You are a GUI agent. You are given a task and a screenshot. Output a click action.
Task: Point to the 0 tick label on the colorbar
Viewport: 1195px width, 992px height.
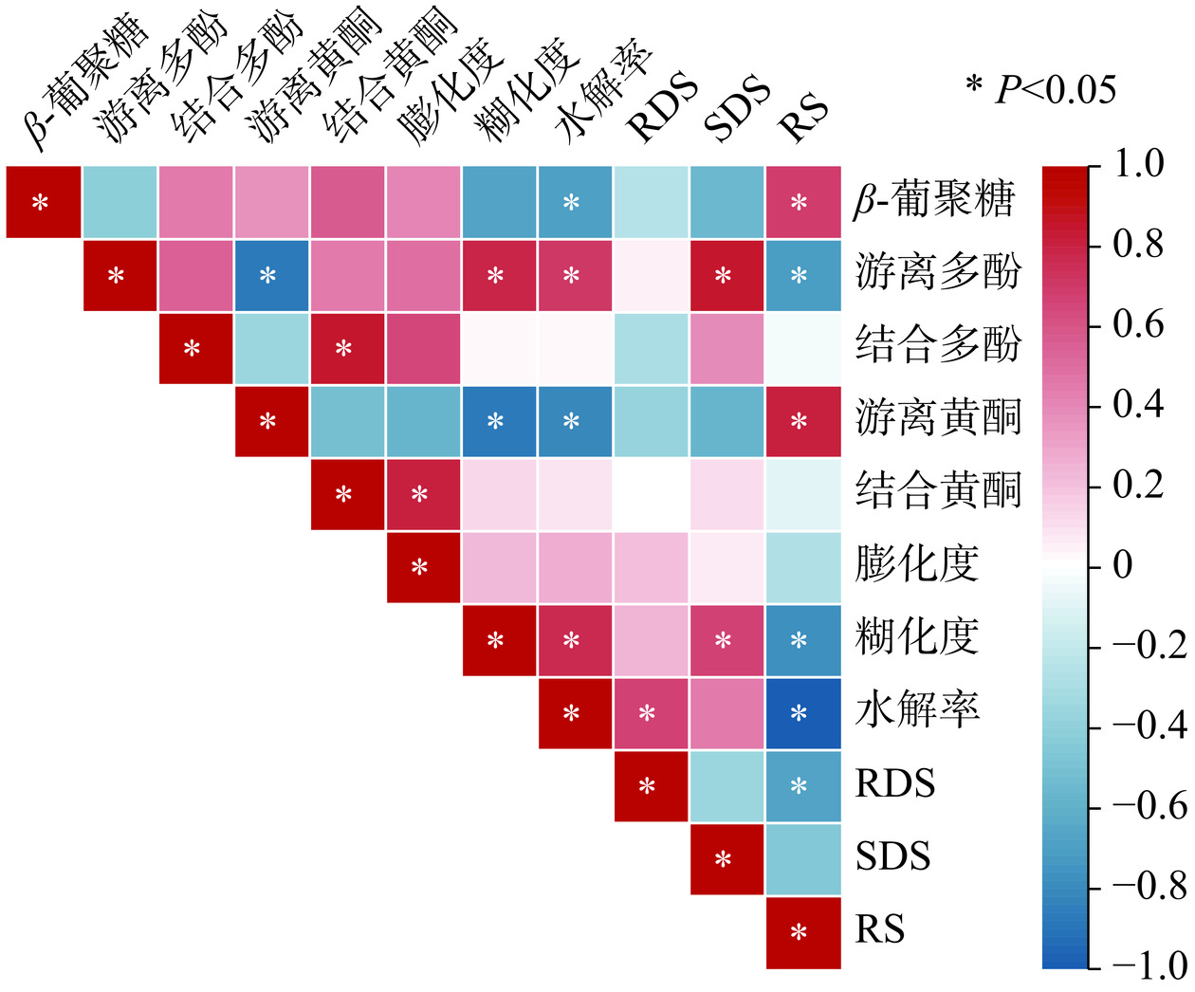click(1122, 565)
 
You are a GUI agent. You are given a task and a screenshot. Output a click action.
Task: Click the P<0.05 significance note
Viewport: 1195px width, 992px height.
click(1041, 89)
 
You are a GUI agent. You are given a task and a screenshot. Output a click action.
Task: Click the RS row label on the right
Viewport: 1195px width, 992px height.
click(879, 930)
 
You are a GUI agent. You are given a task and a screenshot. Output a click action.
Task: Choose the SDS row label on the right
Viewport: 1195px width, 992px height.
click(892, 857)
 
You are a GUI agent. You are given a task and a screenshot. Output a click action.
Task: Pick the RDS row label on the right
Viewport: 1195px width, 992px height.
click(894, 784)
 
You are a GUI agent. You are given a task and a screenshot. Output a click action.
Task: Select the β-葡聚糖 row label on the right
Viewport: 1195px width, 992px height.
click(933, 201)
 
